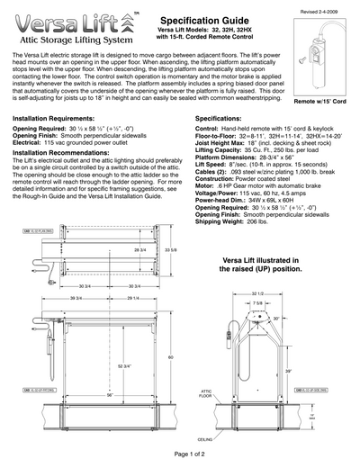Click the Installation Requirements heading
pos(61,118)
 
